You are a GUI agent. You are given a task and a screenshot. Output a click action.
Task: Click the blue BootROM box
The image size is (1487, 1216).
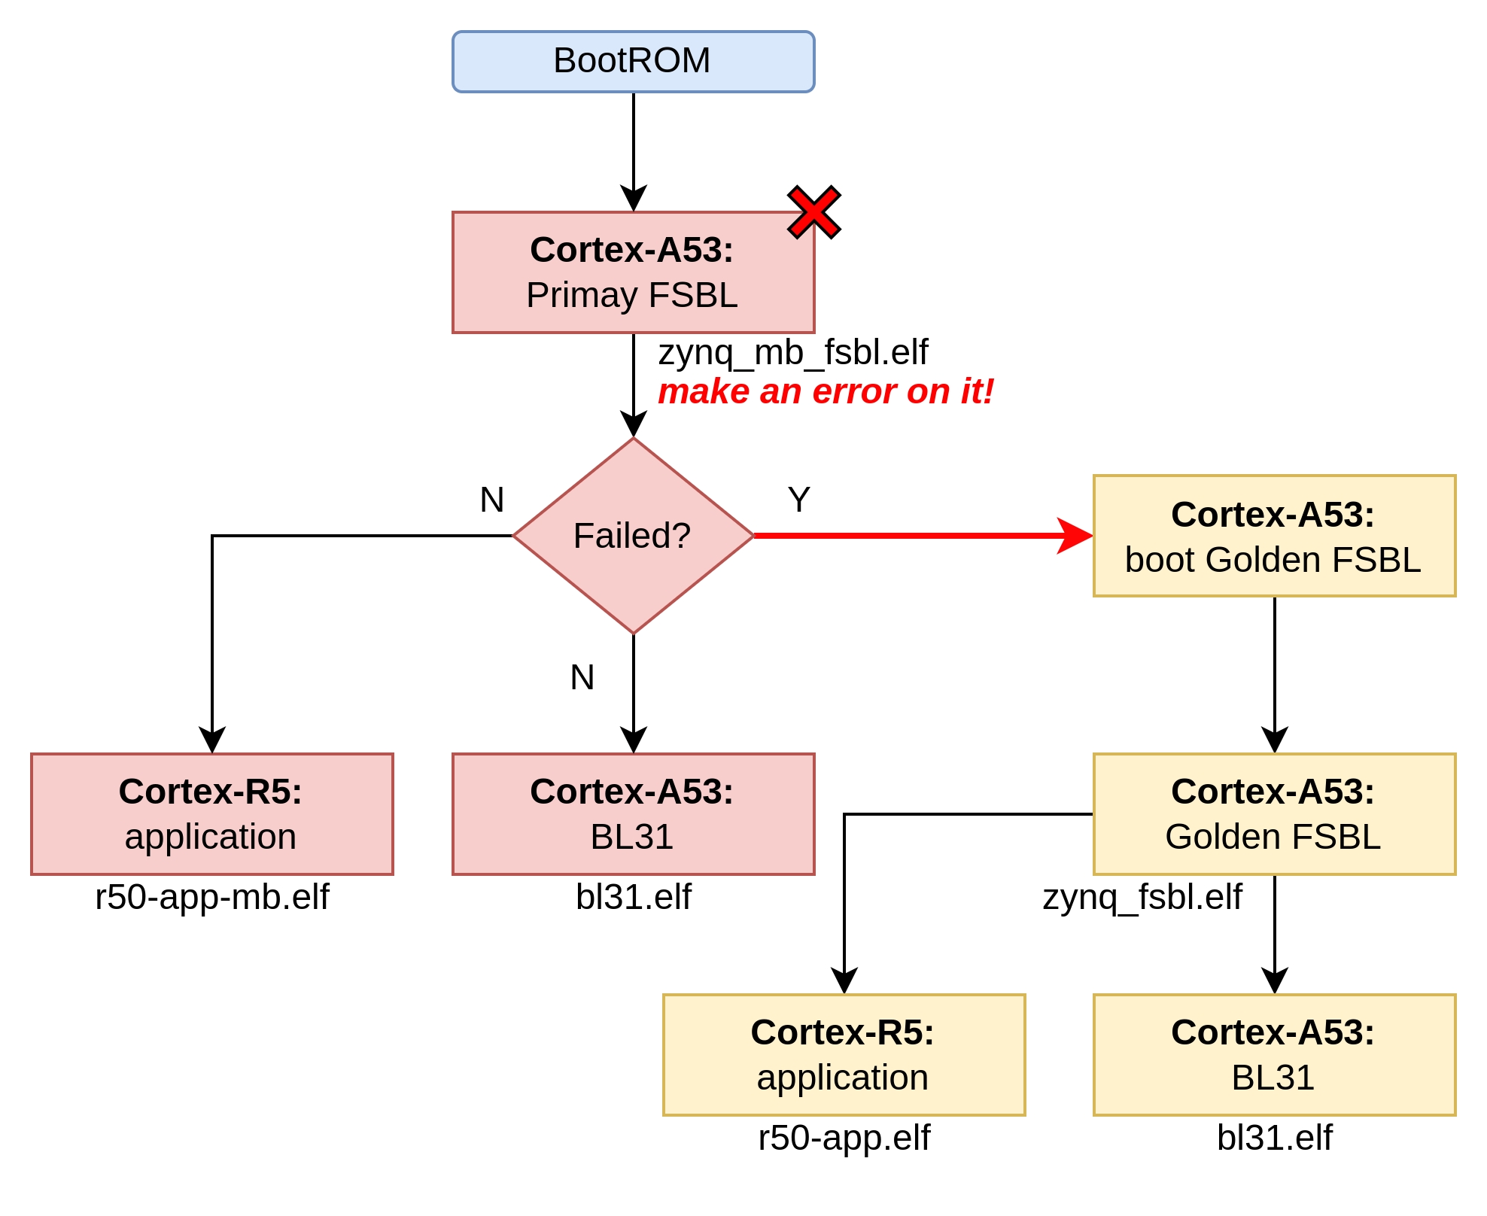633,62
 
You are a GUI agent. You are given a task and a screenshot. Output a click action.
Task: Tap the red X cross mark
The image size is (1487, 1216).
813,212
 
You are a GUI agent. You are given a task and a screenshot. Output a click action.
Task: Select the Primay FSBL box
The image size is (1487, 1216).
633,272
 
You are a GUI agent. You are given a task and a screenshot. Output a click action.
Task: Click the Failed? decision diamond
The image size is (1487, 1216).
633,536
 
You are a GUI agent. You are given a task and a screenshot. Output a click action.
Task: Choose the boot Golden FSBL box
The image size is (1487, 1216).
1274,536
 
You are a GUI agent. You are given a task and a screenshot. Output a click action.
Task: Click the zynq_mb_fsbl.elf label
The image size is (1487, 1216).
793,352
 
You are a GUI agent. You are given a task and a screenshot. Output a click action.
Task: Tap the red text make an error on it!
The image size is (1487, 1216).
826,391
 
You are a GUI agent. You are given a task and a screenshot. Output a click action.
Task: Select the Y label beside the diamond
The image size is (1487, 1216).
798,500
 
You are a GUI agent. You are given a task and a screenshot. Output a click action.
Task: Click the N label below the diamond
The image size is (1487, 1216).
582,677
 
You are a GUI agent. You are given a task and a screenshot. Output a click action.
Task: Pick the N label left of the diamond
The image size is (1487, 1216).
491,500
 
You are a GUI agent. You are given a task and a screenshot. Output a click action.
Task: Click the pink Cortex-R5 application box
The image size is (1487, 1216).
211,814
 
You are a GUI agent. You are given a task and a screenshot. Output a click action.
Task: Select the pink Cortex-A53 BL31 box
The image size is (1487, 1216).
633,814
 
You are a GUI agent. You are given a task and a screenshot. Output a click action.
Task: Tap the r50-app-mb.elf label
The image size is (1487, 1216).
211,897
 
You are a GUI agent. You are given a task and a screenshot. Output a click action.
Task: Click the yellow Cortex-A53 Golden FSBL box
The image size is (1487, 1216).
1274,814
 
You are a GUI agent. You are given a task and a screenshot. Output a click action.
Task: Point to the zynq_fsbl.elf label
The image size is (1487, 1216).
1142,897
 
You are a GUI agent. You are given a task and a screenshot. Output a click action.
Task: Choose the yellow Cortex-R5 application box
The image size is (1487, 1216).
844,1055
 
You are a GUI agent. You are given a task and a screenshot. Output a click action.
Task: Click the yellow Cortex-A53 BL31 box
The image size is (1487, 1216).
1274,1055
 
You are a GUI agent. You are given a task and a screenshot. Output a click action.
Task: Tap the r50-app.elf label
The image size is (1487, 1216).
844,1138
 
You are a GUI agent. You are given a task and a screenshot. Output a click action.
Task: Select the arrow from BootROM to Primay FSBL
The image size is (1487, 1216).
634,150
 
